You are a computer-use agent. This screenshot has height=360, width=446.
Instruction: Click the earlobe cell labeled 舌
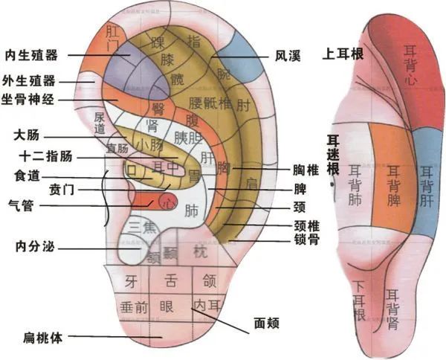(x=170, y=281)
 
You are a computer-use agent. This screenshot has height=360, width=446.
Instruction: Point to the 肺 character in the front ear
(x=190, y=210)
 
